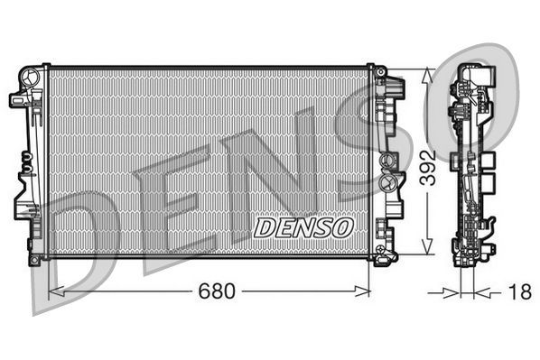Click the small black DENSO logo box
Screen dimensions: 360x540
tap(303, 226)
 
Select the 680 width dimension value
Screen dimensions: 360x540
tap(217, 291)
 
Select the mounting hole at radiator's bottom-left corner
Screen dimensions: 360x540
tap(34, 260)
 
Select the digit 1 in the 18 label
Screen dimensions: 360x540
tap(515, 291)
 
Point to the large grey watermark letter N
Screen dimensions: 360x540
tap(262, 171)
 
